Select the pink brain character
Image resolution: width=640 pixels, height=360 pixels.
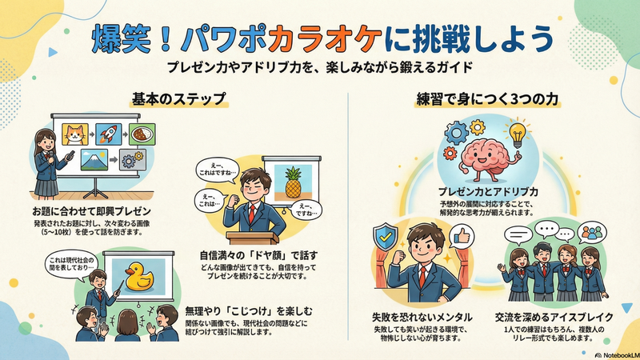click(477, 154)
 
